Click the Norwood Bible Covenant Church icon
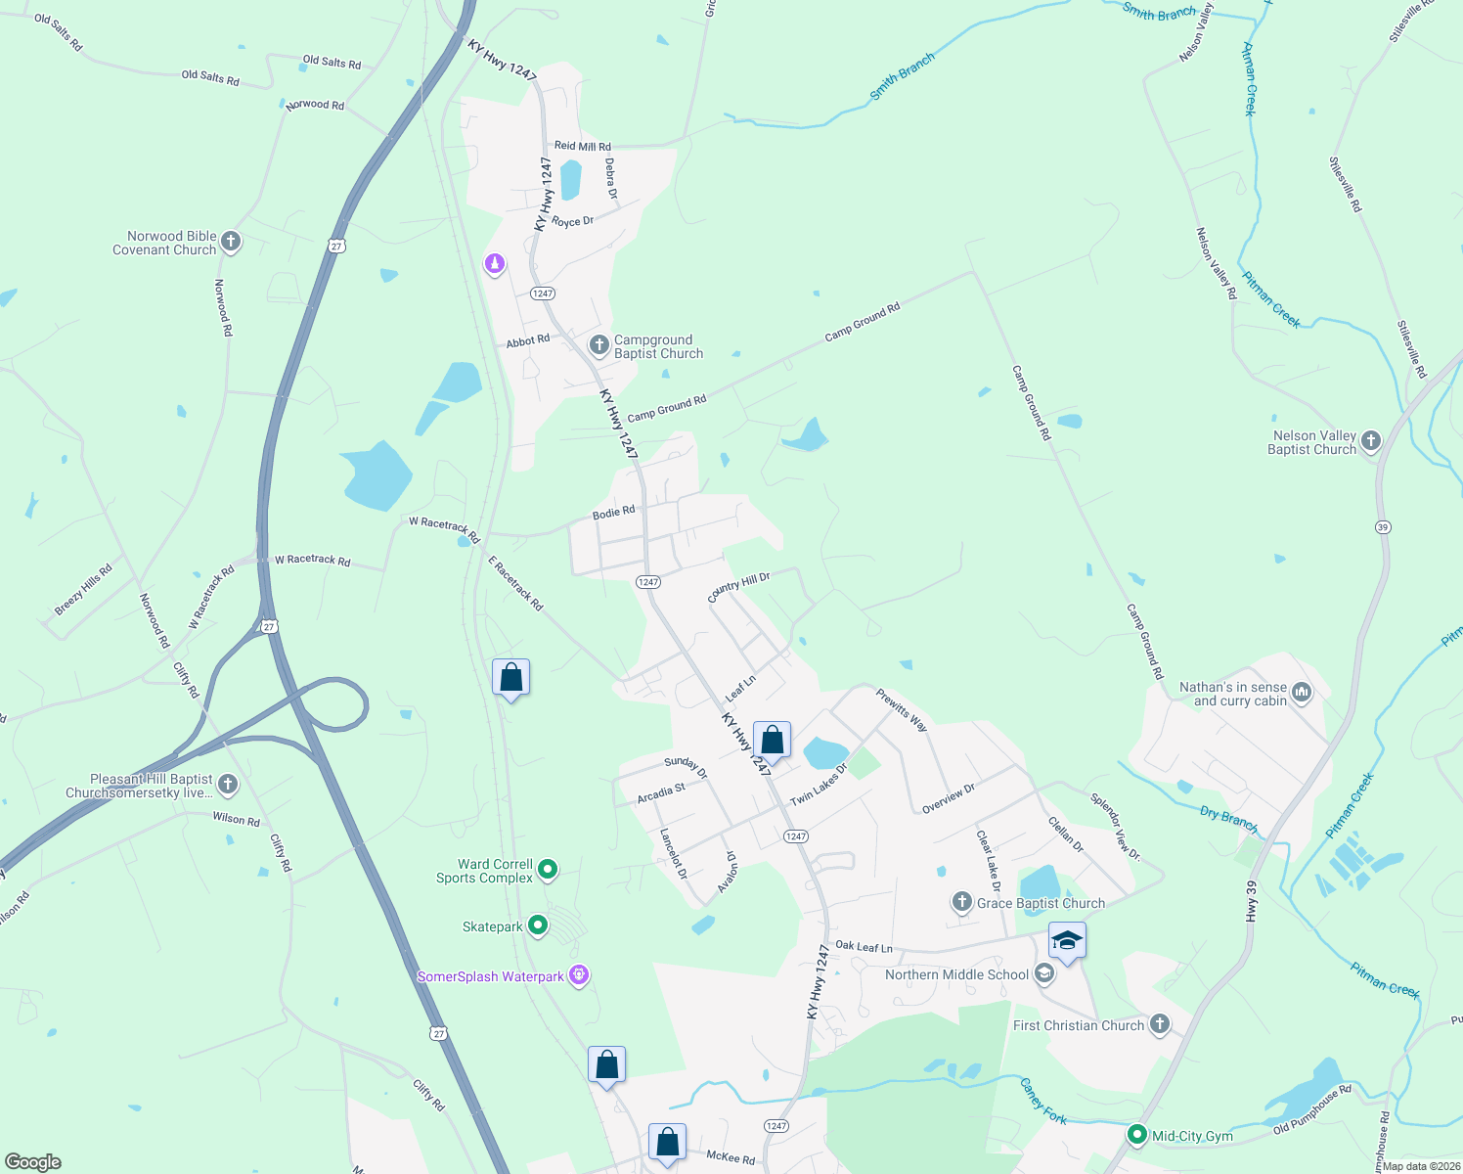[231, 242]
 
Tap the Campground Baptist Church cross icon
[599, 345]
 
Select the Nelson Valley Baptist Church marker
[1371, 441]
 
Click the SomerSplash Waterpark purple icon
[580, 975]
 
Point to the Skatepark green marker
[537, 925]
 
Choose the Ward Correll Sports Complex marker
[548, 869]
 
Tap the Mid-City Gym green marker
[1136, 1135]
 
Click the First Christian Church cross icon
[1160, 1024]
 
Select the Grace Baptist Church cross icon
[962, 902]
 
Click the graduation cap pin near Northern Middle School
[1066, 942]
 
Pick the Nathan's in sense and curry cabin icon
[1302, 693]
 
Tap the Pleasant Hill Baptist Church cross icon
[228, 784]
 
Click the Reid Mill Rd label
[582, 146]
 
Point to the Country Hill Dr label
[738, 587]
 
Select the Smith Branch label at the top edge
[1159, 12]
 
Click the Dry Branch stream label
[1228, 818]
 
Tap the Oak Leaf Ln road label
[864, 947]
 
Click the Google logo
[33, 1162]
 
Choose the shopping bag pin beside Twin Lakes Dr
[772, 741]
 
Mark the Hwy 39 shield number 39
[1383, 527]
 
